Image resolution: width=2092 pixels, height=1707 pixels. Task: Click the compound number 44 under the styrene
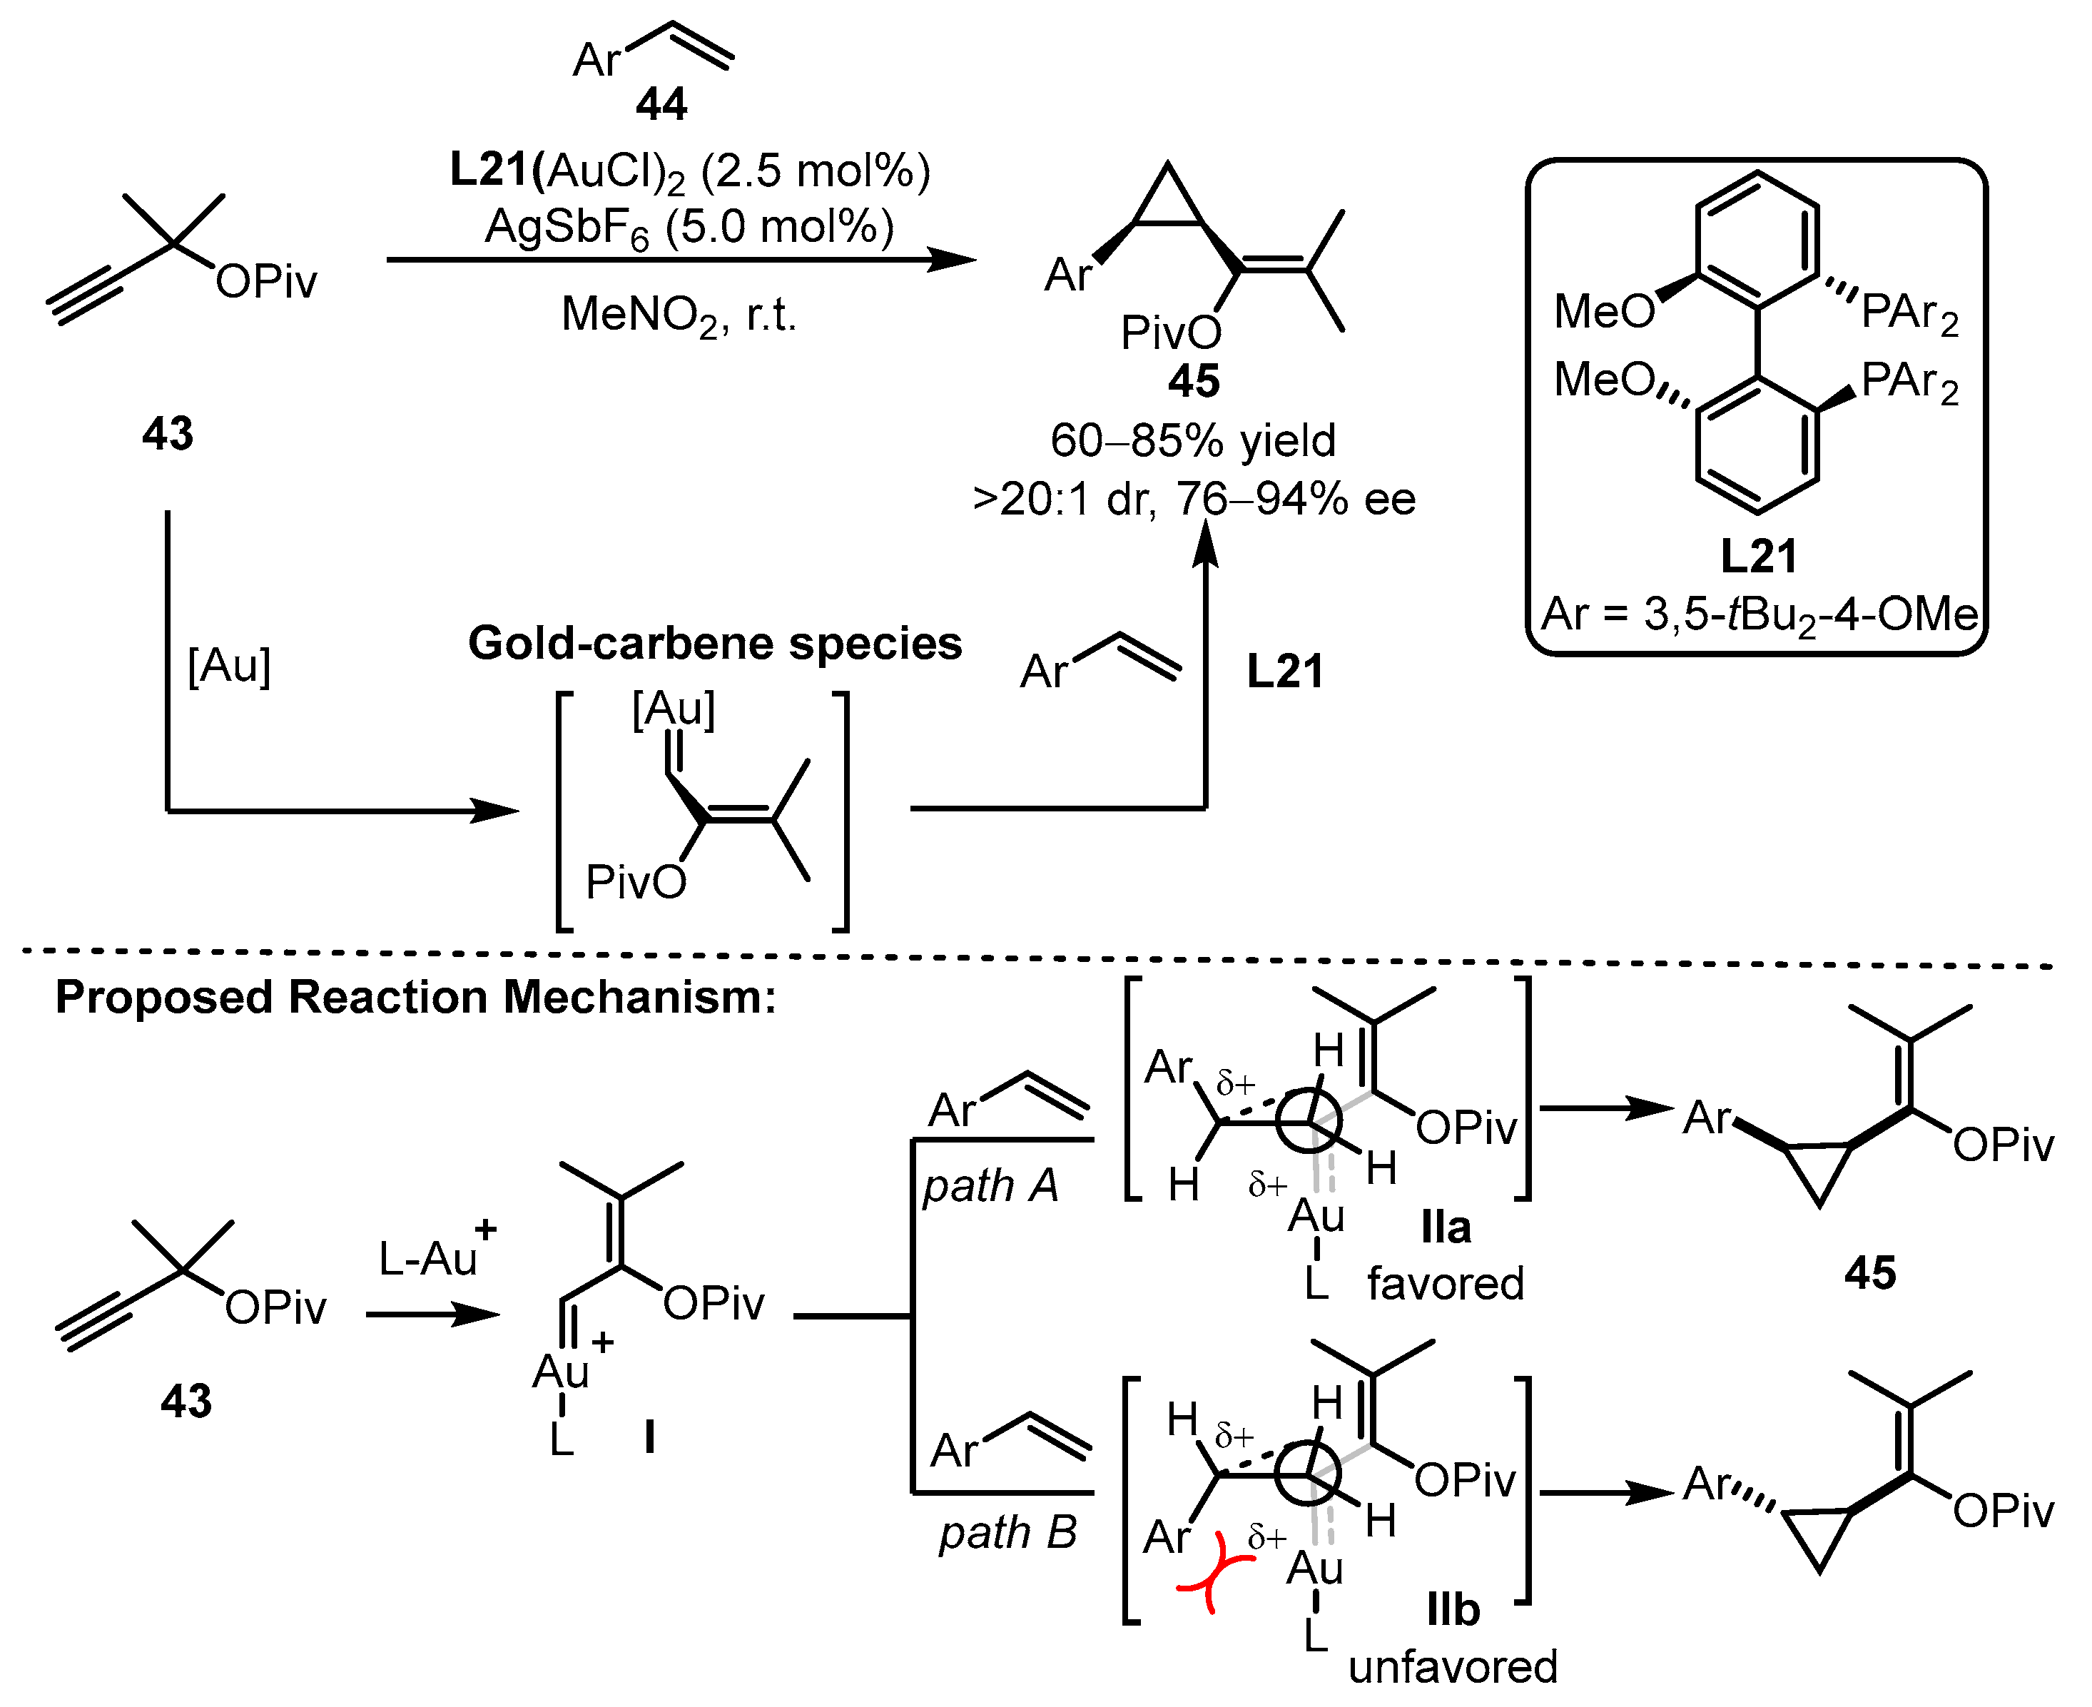pyautogui.click(x=661, y=103)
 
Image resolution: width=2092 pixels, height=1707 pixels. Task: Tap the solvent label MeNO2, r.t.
pyautogui.click(x=679, y=315)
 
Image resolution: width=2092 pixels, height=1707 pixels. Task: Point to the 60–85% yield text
pyautogui.click(x=1192, y=440)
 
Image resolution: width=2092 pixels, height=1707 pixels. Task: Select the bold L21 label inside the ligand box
pyautogui.click(x=1758, y=557)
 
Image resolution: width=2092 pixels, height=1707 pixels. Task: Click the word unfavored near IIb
pyautogui.click(x=1452, y=1667)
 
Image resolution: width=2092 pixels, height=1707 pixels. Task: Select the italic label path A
pyautogui.click(x=990, y=1186)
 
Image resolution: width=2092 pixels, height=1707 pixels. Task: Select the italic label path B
pyautogui.click(x=1007, y=1532)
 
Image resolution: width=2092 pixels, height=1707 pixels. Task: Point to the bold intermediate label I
pyautogui.click(x=650, y=1437)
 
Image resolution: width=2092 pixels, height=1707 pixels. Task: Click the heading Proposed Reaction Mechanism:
pyautogui.click(x=415, y=997)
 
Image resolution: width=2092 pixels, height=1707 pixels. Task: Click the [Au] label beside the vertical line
pyautogui.click(x=228, y=666)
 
